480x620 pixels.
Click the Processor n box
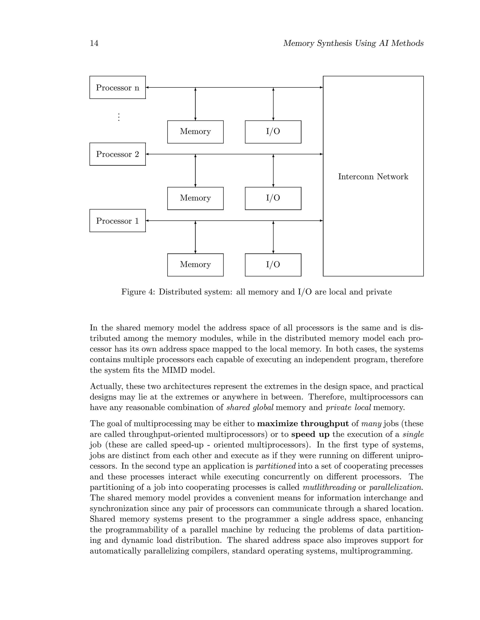117,88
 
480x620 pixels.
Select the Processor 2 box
117,154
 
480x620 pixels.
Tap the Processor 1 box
117,221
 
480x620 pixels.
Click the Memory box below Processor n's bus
195,132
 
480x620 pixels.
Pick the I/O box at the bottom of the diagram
273,265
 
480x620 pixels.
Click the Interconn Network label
373,177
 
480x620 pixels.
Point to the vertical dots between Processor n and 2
119,117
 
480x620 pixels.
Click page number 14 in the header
94,43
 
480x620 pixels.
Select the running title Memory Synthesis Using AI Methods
353,43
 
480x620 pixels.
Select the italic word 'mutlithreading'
329,487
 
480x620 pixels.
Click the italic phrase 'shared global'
250,408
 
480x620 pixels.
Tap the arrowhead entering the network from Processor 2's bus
321,154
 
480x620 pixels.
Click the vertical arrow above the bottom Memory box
195,237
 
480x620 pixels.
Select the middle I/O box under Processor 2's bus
273,198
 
